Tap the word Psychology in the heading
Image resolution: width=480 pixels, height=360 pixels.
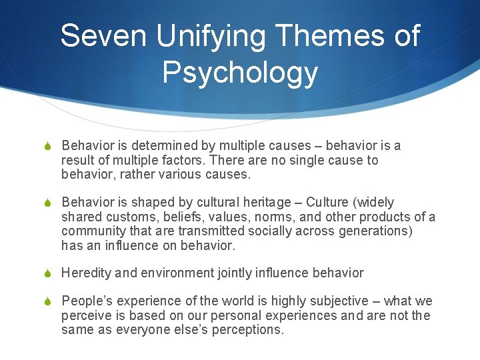240,73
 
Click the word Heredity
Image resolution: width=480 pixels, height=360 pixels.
85,273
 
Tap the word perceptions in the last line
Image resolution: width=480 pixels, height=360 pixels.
248,329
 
